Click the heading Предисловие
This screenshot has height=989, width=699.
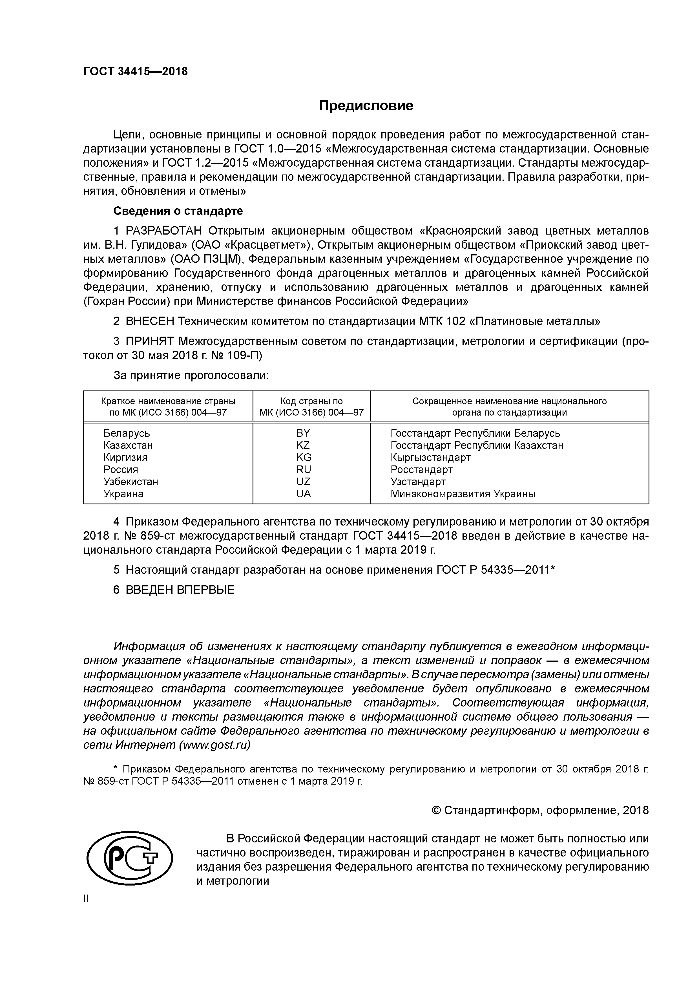(x=366, y=105)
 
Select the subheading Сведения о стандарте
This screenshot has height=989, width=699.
(x=178, y=211)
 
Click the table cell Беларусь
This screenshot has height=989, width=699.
(x=127, y=433)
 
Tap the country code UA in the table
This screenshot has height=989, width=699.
(x=303, y=494)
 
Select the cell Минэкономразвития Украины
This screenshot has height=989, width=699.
(x=463, y=494)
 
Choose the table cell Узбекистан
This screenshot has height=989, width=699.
(x=130, y=482)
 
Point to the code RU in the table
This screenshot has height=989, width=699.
(x=303, y=469)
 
